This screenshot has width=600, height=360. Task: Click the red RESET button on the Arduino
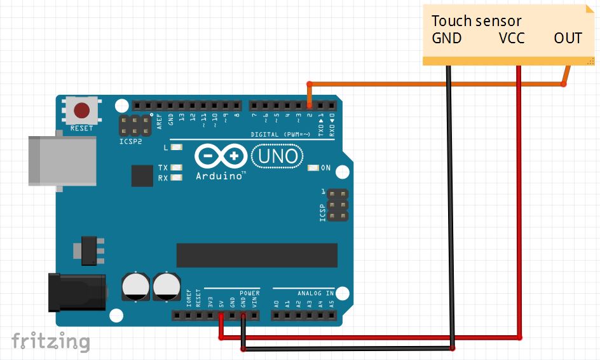[x=82, y=111]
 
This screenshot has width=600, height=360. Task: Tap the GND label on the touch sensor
[x=447, y=38]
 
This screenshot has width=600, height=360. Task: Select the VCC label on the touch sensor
[x=512, y=38]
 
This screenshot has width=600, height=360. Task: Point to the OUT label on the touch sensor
[x=568, y=38]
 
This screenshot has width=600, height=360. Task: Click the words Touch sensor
[x=476, y=21]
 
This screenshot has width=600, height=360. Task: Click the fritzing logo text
[x=50, y=341]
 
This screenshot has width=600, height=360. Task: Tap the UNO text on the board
[x=277, y=155]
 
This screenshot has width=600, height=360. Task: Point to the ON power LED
[x=312, y=168]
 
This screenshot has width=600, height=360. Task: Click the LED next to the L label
[x=176, y=148]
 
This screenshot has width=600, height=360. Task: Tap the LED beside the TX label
[x=176, y=168]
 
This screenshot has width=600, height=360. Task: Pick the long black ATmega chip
[x=257, y=254]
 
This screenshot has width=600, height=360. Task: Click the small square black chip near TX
[x=142, y=176]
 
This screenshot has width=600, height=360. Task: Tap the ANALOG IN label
[x=316, y=293]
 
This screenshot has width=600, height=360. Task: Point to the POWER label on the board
[x=250, y=293]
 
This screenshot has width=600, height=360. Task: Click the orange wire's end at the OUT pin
[x=563, y=83]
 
